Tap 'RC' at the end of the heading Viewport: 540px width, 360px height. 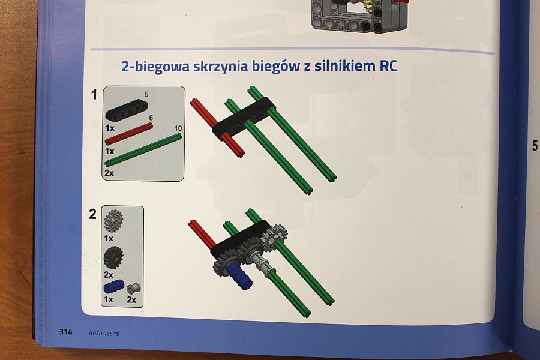388,66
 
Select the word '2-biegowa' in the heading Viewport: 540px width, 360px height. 155,66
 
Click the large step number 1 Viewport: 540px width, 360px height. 94,95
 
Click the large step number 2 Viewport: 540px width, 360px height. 92,214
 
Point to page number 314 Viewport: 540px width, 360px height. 65,332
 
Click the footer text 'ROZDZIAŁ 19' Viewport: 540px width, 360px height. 104,334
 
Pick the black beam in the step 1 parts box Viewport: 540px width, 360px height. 127,110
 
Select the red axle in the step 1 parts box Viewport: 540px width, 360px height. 129,134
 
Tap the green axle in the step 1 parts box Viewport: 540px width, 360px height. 143,150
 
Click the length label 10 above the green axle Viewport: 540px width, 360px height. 178,128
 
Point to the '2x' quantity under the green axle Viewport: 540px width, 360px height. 109,173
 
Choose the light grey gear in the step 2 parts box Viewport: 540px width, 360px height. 113,220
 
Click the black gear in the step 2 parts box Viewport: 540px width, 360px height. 113,257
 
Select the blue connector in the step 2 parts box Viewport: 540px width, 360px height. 113,286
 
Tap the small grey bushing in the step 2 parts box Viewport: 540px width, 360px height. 133,288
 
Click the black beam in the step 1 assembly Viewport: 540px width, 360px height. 243,118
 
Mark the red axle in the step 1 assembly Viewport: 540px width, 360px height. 217,128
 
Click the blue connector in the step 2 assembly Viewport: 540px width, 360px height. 239,276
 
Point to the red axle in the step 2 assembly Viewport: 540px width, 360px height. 203,234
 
